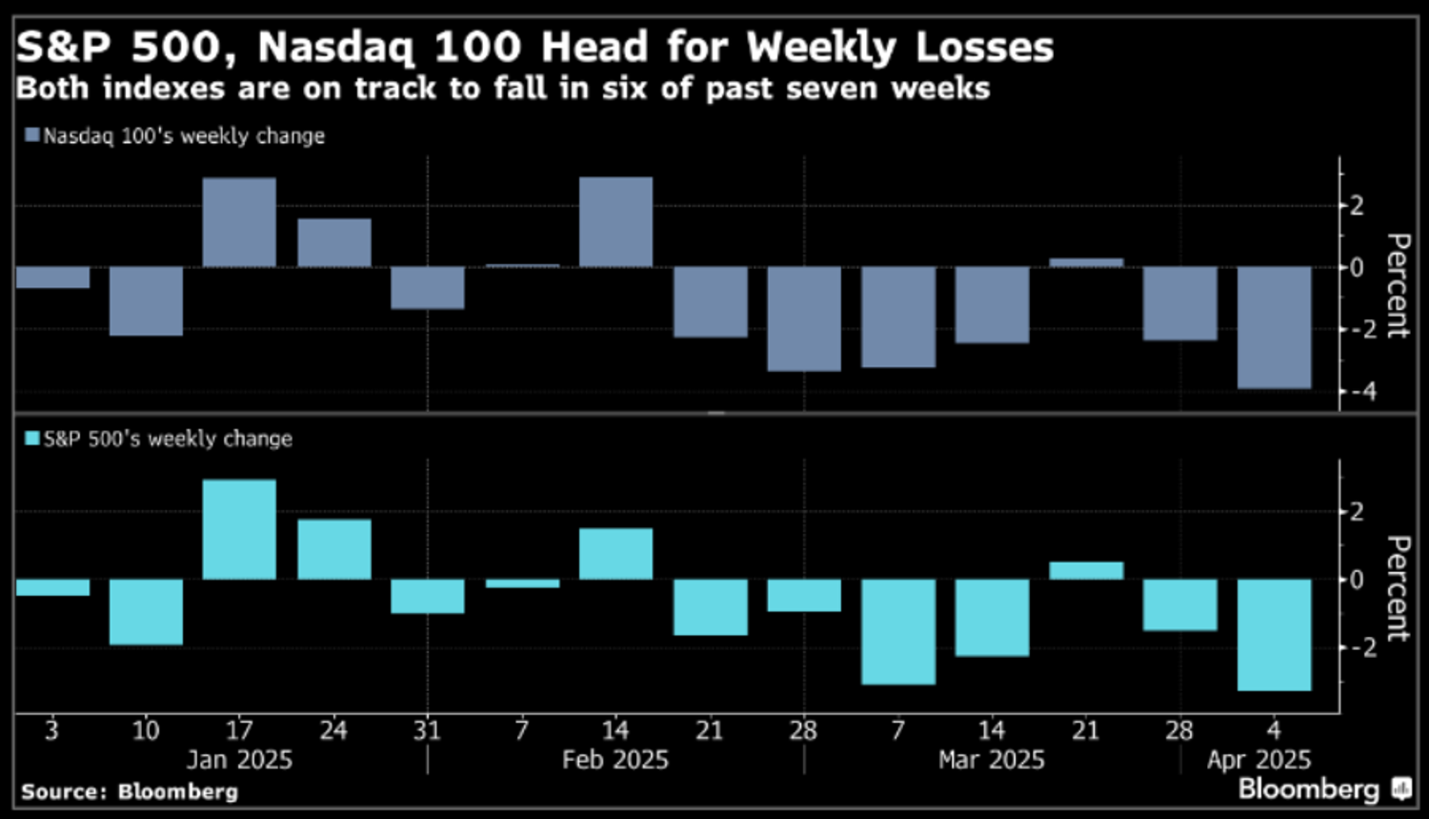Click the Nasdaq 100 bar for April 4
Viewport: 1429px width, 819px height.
point(1274,327)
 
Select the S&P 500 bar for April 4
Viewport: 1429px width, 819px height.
point(1274,634)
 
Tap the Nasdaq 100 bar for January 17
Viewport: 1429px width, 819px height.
point(239,222)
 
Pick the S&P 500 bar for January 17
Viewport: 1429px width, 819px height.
point(239,529)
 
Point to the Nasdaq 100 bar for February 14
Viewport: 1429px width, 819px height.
point(615,222)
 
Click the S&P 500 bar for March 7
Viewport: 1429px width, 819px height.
point(898,631)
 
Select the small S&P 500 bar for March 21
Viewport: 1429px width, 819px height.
point(1086,570)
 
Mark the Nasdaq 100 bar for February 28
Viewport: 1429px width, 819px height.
point(804,318)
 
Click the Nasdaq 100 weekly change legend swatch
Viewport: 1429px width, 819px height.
point(32,135)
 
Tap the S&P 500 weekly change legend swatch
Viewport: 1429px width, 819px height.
point(32,439)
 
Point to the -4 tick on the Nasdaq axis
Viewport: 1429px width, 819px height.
point(1357,391)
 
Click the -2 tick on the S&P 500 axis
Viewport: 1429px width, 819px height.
point(1357,647)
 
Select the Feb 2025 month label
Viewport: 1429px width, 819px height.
point(615,760)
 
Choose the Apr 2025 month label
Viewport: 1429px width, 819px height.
point(1258,760)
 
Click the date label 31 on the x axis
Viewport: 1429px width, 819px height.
point(427,730)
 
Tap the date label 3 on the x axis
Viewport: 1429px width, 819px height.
point(51,730)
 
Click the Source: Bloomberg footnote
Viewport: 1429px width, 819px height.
point(130,791)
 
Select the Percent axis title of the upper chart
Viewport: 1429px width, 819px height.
point(1397,285)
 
